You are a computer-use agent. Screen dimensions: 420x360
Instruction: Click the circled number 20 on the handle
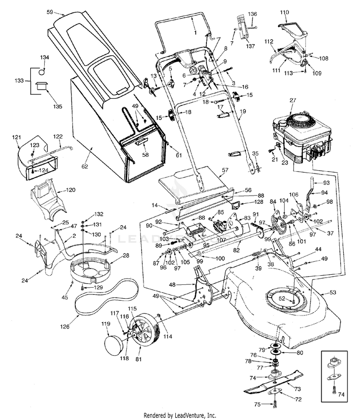[193, 70]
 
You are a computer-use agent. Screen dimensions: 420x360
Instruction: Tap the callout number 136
[252, 13]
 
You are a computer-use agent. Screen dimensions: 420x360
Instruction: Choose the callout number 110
[284, 12]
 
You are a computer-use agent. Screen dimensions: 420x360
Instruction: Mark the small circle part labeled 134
[42, 72]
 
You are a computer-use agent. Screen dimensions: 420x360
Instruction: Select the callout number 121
[17, 138]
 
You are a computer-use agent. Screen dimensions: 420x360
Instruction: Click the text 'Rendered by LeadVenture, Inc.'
[180, 415]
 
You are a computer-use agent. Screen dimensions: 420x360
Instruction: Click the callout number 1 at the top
[195, 32]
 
